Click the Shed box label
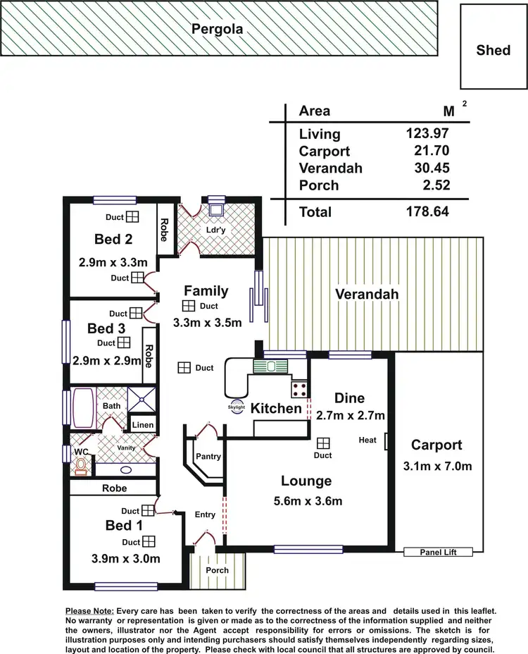(493, 50)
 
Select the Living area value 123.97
(427, 134)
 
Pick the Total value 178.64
(427, 211)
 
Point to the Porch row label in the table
(319, 185)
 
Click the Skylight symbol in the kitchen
(237, 407)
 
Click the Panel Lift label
(439, 553)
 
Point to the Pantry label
(208, 456)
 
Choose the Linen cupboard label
(143, 425)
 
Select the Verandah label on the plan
(367, 294)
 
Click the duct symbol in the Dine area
(323, 443)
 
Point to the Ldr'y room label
(215, 230)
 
